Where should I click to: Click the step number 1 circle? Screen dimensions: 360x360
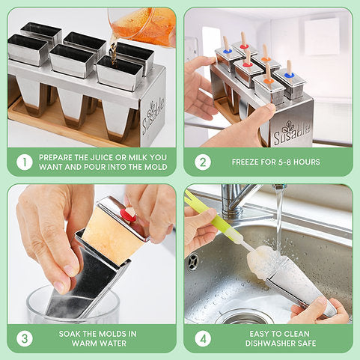pyautogui.click(x=25, y=162)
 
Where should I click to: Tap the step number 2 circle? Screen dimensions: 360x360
pyautogui.click(x=203, y=162)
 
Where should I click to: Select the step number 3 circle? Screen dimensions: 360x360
pyautogui.click(x=25, y=338)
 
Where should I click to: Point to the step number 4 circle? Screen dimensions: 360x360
pyautogui.click(x=203, y=338)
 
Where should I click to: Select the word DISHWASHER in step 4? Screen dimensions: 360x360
pyautogui.click(x=269, y=344)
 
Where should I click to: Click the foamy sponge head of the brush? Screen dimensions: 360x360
pyautogui.click(x=260, y=263)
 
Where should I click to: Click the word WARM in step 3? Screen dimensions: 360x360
pyautogui.click(x=85, y=344)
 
